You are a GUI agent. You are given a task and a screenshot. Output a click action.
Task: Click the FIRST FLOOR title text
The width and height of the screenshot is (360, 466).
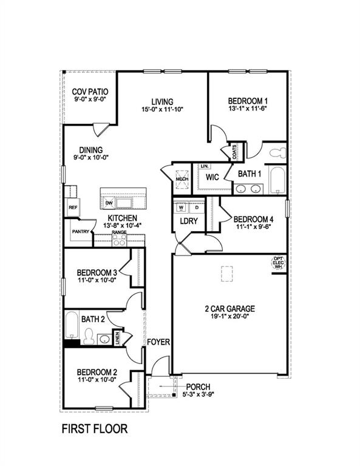click(x=95, y=429)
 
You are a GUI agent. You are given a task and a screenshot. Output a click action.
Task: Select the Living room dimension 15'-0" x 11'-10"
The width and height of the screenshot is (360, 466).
click(x=162, y=110)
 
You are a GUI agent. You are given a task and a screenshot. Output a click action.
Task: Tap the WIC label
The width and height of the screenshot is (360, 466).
click(x=212, y=177)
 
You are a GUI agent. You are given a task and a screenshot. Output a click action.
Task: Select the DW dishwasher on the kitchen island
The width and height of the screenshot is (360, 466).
click(x=109, y=203)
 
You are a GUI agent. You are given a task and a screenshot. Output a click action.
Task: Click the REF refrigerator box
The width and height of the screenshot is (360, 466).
click(x=73, y=208)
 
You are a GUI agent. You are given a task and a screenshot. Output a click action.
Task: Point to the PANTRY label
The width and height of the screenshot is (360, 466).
click(x=81, y=231)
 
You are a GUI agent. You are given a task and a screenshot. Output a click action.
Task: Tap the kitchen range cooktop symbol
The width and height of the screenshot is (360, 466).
click(x=118, y=240)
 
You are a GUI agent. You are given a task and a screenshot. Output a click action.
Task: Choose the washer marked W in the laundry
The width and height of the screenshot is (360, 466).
click(x=181, y=208)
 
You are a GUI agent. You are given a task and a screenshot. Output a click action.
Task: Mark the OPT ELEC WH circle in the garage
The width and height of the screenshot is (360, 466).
click(x=279, y=263)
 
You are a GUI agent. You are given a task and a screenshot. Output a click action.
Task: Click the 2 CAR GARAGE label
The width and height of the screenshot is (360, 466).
click(x=229, y=308)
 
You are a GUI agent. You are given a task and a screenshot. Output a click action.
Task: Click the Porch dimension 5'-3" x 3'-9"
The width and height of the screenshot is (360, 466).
click(x=199, y=394)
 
